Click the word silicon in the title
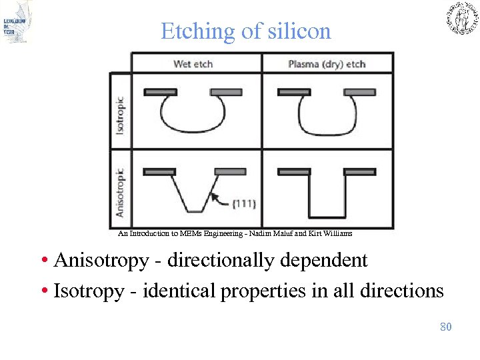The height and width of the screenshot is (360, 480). pyautogui.click(x=298, y=31)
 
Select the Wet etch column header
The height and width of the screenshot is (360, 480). pyautogui.click(x=193, y=64)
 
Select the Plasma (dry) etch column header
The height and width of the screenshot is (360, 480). pyautogui.click(x=327, y=64)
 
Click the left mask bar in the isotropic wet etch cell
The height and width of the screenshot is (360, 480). pyautogui.click(x=160, y=92)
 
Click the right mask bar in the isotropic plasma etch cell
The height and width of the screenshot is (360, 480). pyautogui.click(x=360, y=92)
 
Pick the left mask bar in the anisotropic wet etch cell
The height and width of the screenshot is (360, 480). pyautogui.click(x=160, y=171)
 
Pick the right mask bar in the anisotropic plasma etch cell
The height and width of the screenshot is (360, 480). pyautogui.click(x=360, y=171)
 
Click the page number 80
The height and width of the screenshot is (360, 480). pyautogui.click(x=446, y=327)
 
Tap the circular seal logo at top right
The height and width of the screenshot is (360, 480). pyautogui.click(x=461, y=18)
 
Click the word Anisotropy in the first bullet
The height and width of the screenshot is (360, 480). pyautogui.click(x=101, y=260)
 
